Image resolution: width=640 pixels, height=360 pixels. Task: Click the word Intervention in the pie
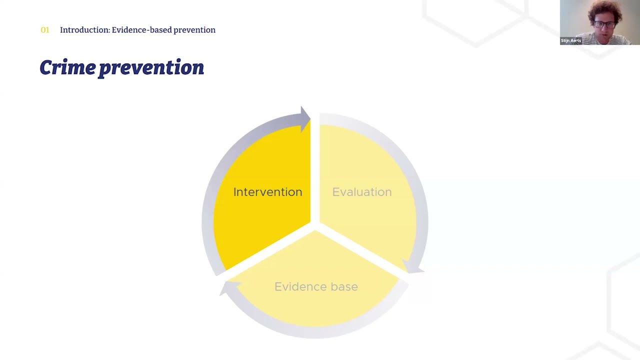[267, 192]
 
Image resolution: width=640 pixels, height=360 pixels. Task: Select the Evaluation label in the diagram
[361, 192]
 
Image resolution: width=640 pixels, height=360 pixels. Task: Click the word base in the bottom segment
[344, 286]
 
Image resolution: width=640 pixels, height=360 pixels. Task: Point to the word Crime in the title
[67, 67]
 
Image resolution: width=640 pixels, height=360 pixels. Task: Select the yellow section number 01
[45, 30]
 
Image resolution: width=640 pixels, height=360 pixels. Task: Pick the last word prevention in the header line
[194, 30]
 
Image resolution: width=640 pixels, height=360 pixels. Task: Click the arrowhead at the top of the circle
[304, 119]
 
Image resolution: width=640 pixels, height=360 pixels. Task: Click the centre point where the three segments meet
[315, 227]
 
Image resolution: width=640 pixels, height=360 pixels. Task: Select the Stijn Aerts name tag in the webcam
[570, 40]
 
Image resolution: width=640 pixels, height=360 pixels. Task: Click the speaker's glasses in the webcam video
[604, 24]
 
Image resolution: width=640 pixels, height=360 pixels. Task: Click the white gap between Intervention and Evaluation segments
[315, 170]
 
